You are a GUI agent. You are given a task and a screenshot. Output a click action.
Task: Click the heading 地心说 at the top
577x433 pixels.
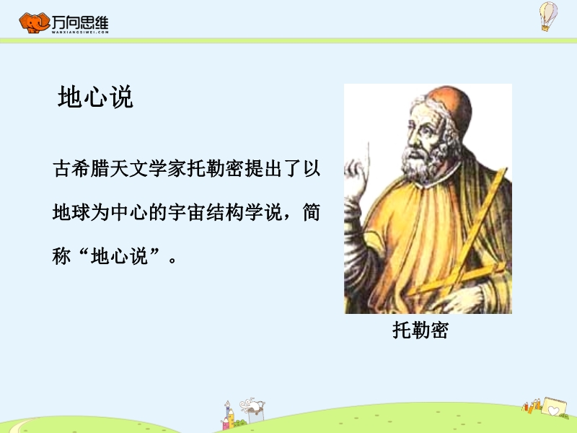[x=95, y=97]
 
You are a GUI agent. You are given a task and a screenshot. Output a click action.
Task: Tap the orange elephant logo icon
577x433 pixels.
[x=34, y=23]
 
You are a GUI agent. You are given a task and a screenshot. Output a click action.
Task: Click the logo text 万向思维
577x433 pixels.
[x=80, y=23]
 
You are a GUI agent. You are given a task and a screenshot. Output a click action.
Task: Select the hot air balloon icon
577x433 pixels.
[x=548, y=16]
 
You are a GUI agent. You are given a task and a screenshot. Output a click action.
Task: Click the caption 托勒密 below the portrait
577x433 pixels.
[x=420, y=330]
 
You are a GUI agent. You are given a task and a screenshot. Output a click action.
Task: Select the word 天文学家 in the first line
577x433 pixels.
[x=148, y=169]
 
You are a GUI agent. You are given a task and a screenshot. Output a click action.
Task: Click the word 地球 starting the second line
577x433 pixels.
[x=71, y=212]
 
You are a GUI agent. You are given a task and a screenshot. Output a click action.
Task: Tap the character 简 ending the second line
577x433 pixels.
[x=312, y=212]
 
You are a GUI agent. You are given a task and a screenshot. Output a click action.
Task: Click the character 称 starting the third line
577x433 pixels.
[x=61, y=255]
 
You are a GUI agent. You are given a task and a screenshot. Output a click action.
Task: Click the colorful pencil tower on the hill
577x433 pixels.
[x=229, y=416]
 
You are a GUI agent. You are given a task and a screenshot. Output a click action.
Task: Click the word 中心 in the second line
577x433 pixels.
[x=129, y=212]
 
